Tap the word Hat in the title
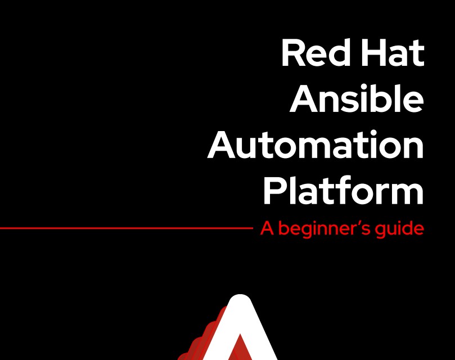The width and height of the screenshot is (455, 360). tap(393, 53)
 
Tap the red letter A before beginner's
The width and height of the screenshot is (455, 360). tap(267, 228)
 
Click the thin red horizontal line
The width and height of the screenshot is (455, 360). tap(126, 228)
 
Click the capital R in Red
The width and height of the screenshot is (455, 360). tap(293, 53)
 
